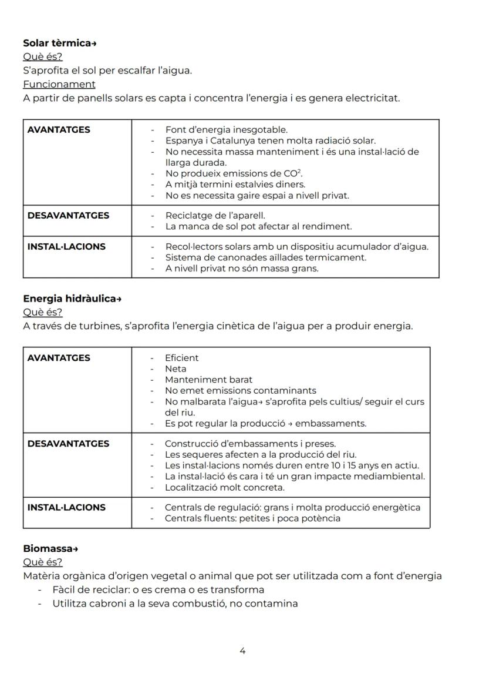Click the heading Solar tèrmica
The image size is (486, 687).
click(x=59, y=43)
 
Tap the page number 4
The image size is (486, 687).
click(x=242, y=651)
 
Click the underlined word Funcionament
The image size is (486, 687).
click(x=59, y=84)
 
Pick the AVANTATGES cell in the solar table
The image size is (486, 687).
click(x=59, y=130)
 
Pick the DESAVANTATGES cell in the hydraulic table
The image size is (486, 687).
click(x=68, y=444)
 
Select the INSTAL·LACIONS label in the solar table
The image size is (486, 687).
click(x=66, y=247)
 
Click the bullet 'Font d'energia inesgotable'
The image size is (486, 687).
click(x=226, y=130)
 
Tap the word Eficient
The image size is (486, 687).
click(x=181, y=358)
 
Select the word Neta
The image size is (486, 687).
click(x=176, y=369)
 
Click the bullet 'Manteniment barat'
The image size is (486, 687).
click(x=208, y=380)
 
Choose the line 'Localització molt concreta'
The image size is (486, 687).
click(x=224, y=488)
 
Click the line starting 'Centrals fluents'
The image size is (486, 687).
click(x=252, y=518)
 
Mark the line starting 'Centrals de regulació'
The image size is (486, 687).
click(x=292, y=507)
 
